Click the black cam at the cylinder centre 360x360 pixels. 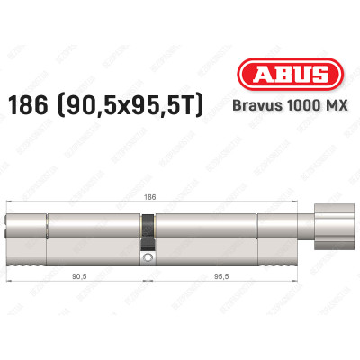[x=145, y=236]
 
